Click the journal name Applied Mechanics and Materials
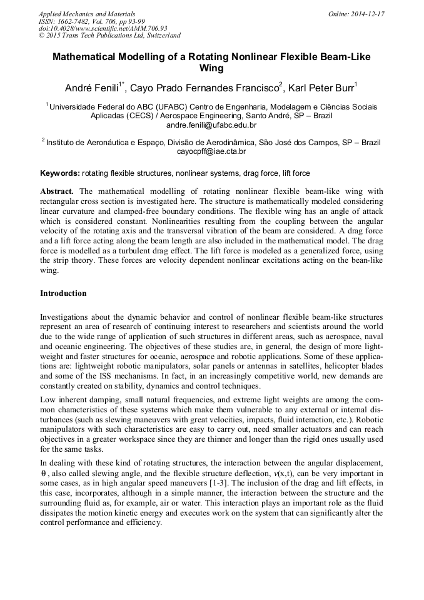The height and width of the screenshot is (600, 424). (87, 14)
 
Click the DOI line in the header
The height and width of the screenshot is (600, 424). (103, 29)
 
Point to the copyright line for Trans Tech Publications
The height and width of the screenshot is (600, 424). (109, 36)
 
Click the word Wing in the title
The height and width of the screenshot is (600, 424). (211, 68)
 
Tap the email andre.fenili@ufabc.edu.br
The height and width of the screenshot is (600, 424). (211, 125)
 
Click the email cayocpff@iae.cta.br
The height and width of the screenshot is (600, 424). (211, 151)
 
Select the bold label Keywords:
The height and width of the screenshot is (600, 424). (60, 173)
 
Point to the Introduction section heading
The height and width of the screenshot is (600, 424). (63, 293)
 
